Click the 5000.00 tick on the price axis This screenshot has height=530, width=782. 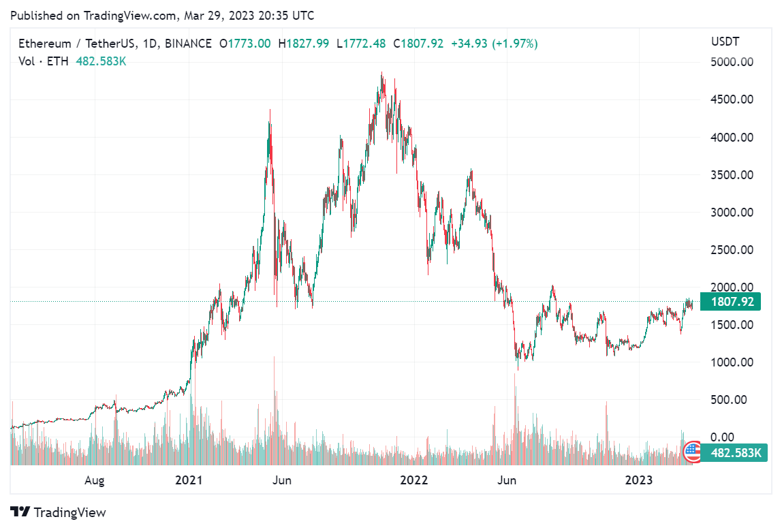pos(733,62)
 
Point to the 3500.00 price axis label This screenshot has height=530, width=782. pos(733,174)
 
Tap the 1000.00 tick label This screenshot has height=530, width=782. pos(733,362)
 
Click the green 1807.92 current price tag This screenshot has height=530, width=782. pos(730,301)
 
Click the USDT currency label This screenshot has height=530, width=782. pos(725,42)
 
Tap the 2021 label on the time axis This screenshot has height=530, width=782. pos(189,480)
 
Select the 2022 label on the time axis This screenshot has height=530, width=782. pos(414,480)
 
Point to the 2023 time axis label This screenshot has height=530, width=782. pos(639,480)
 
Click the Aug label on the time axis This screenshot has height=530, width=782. pos(95,480)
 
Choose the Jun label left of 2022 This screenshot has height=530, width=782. pos(281,480)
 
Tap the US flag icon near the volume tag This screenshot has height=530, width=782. pos(692,450)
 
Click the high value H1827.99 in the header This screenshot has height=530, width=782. pos(307,44)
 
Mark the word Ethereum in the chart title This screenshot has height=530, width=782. pos(44,44)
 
